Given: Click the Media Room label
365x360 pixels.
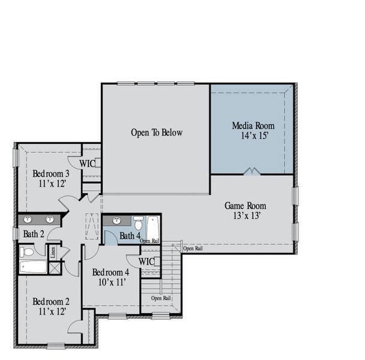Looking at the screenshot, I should coord(253,126).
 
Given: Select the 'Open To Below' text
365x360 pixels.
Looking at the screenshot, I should coord(156,133).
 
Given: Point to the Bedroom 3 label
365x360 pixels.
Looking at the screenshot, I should coord(51,174).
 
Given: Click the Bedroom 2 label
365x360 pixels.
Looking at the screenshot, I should coord(51,301).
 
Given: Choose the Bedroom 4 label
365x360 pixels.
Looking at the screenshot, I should coord(111,272).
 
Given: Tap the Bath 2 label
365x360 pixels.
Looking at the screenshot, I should coord(34,233).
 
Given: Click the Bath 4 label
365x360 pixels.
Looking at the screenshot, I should coord(130,236).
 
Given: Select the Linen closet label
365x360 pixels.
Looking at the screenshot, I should coord(53,251).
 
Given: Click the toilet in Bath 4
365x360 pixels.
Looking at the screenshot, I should coord(138,223).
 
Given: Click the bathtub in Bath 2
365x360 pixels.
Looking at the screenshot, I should coord(32,266).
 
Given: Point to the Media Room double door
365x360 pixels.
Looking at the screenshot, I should coord(252,172).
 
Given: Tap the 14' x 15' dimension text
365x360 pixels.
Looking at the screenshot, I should coord(253,136).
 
